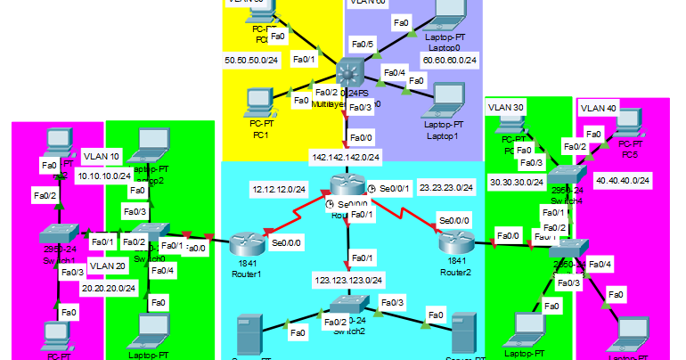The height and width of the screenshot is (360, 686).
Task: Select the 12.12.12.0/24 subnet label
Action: point(279,190)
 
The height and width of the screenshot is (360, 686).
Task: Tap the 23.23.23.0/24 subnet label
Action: point(445,187)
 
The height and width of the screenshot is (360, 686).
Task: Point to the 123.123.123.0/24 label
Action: point(349,280)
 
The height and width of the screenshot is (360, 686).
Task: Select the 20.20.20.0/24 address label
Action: point(109,288)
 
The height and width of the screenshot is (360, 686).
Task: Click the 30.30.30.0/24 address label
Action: point(518,182)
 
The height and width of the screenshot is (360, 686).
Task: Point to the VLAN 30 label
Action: point(506,107)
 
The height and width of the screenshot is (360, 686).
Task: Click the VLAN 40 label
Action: point(598,108)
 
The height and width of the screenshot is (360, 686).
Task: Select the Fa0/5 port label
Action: point(363,44)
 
